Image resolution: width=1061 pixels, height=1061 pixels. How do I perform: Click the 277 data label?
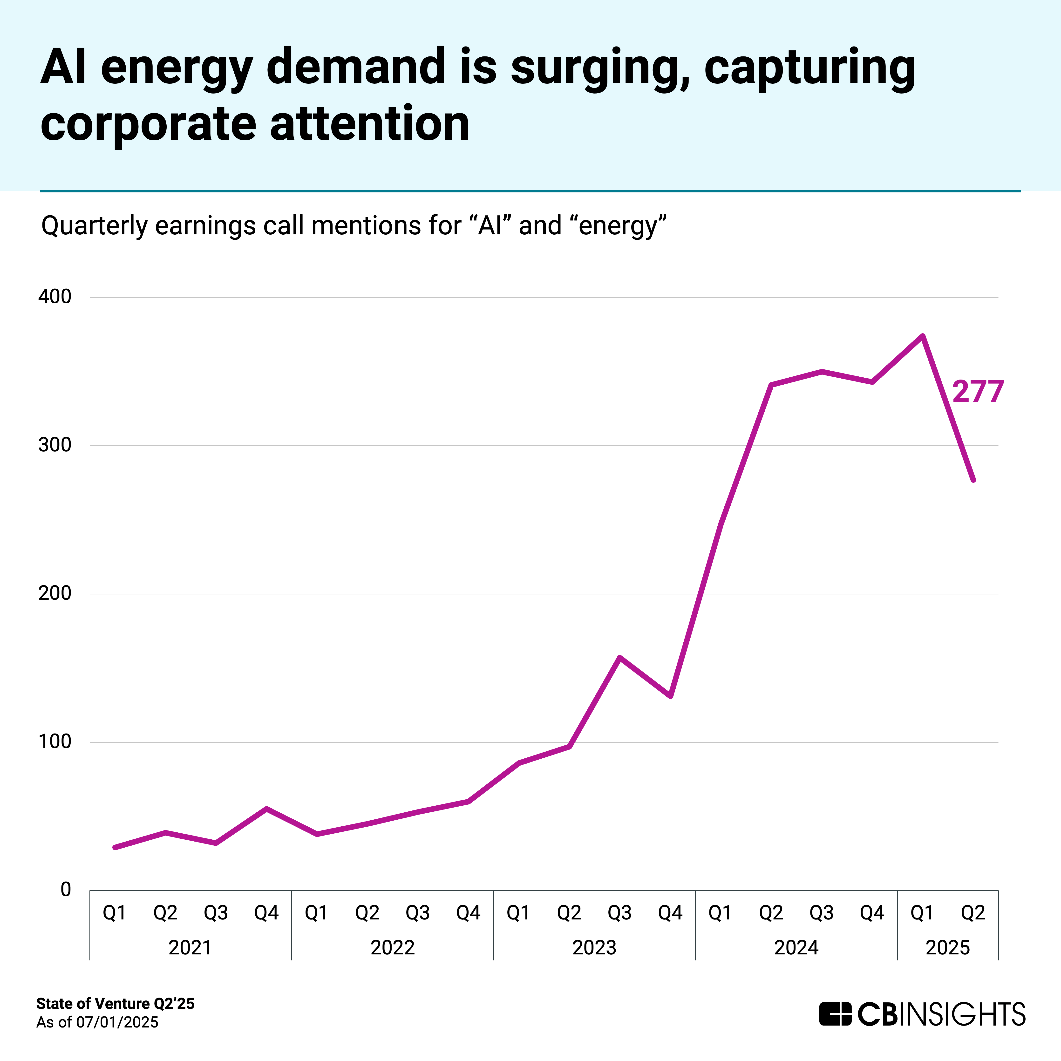pyautogui.click(x=978, y=392)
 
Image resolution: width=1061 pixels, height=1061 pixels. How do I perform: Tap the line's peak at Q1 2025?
pyautogui.click(x=923, y=336)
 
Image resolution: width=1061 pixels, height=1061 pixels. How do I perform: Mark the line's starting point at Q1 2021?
pyautogui.click(x=115, y=847)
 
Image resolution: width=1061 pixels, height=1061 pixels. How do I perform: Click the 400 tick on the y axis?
pyautogui.click(x=55, y=297)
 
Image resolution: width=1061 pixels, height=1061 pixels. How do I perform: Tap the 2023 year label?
pyautogui.click(x=594, y=948)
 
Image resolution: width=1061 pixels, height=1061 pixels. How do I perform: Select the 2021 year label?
pyautogui.click(x=190, y=948)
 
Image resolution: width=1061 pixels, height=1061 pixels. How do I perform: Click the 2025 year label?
pyautogui.click(x=948, y=948)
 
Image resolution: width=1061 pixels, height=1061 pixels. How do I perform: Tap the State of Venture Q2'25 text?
pyautogui.click(x=115, y=1004)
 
